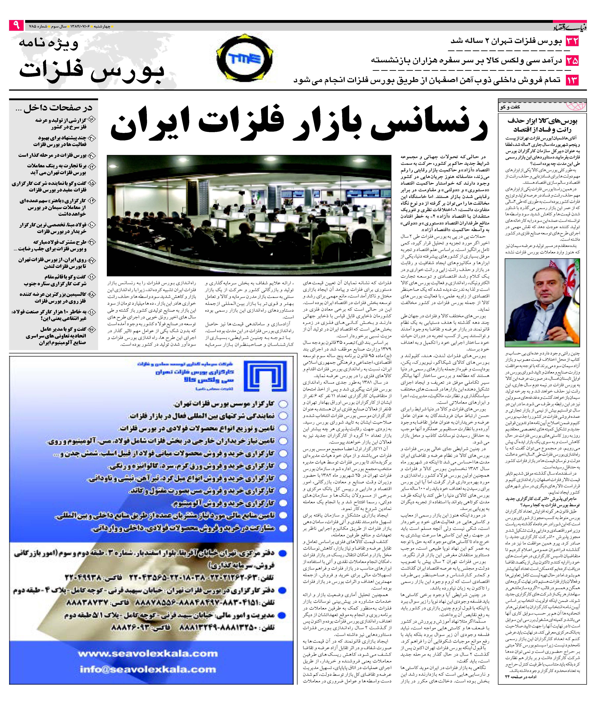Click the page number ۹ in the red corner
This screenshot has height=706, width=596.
[x=16, y=25]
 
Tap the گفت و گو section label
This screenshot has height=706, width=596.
[x=510, y=107]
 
